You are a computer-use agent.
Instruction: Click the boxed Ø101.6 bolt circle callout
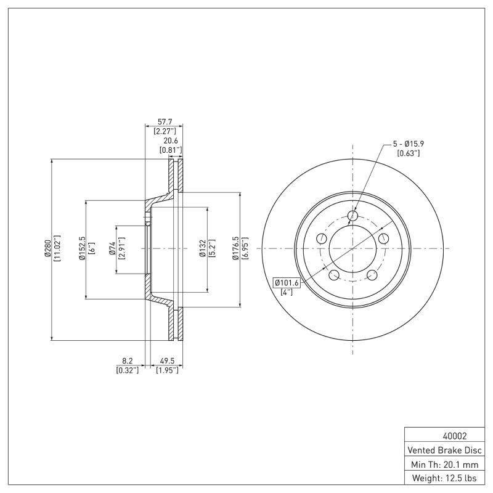tap(287, 283)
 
